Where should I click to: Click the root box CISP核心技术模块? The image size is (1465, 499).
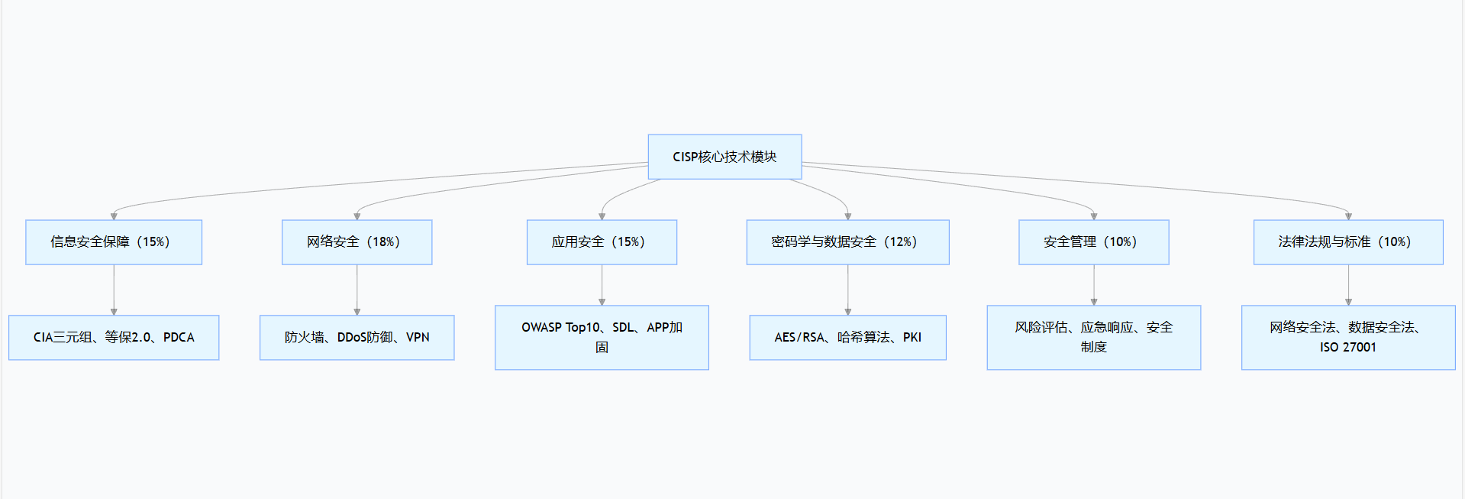(724, 157)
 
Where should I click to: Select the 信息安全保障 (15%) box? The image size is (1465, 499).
(114, 242)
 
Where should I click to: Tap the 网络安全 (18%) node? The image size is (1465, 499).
(357, 242)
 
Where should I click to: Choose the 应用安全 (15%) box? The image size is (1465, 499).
(602, 242)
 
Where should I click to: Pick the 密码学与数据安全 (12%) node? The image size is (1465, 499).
(847, 242)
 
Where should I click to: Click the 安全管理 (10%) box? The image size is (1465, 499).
(1093, 242)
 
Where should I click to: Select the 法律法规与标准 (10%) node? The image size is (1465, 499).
(1348, 242)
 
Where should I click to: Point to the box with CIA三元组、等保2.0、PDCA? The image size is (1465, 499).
(114, 337)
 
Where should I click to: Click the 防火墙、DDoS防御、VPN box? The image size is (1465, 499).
(357, 337)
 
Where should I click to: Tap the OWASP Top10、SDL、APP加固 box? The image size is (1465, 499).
(602, 337)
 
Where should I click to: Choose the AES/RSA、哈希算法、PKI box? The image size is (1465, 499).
(847, 337)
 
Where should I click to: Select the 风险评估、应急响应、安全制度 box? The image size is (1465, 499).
(1093, 337)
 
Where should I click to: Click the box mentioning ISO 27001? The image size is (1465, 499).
(1348, 337)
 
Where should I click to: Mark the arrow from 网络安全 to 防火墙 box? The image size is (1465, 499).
(357, 290)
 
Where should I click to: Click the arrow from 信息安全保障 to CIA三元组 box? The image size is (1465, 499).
(114, 290)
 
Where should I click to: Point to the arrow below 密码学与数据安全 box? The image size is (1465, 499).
(847, 290)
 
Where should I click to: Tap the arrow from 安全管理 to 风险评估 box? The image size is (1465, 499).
(1093, 286)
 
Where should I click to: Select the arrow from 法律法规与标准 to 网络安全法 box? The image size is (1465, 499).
(1348, 286)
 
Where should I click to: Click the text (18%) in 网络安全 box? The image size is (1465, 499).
(383, 242)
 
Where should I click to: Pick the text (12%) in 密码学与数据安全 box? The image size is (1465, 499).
(901, 242)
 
